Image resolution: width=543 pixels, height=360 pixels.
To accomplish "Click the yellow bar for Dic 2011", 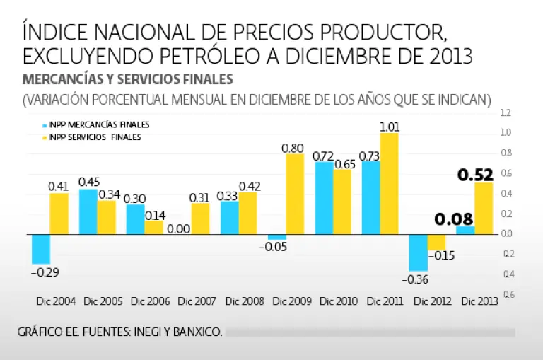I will coord(390,183).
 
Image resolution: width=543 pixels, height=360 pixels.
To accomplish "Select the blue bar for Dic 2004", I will coord(41,248).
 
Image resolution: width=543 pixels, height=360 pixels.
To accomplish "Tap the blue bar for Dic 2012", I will coord(418,252).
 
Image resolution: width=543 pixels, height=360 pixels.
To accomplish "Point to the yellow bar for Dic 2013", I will coord(484,208).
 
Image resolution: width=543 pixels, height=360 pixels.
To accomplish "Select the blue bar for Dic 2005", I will coord(88,211).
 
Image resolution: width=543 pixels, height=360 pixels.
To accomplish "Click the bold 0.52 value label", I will coord(475,174).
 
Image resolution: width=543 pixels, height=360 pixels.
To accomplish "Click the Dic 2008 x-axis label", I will coord(245,301).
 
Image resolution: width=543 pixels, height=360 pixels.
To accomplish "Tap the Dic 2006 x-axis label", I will coord(151,301).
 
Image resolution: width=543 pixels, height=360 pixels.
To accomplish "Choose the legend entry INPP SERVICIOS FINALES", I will coord(95,137).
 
